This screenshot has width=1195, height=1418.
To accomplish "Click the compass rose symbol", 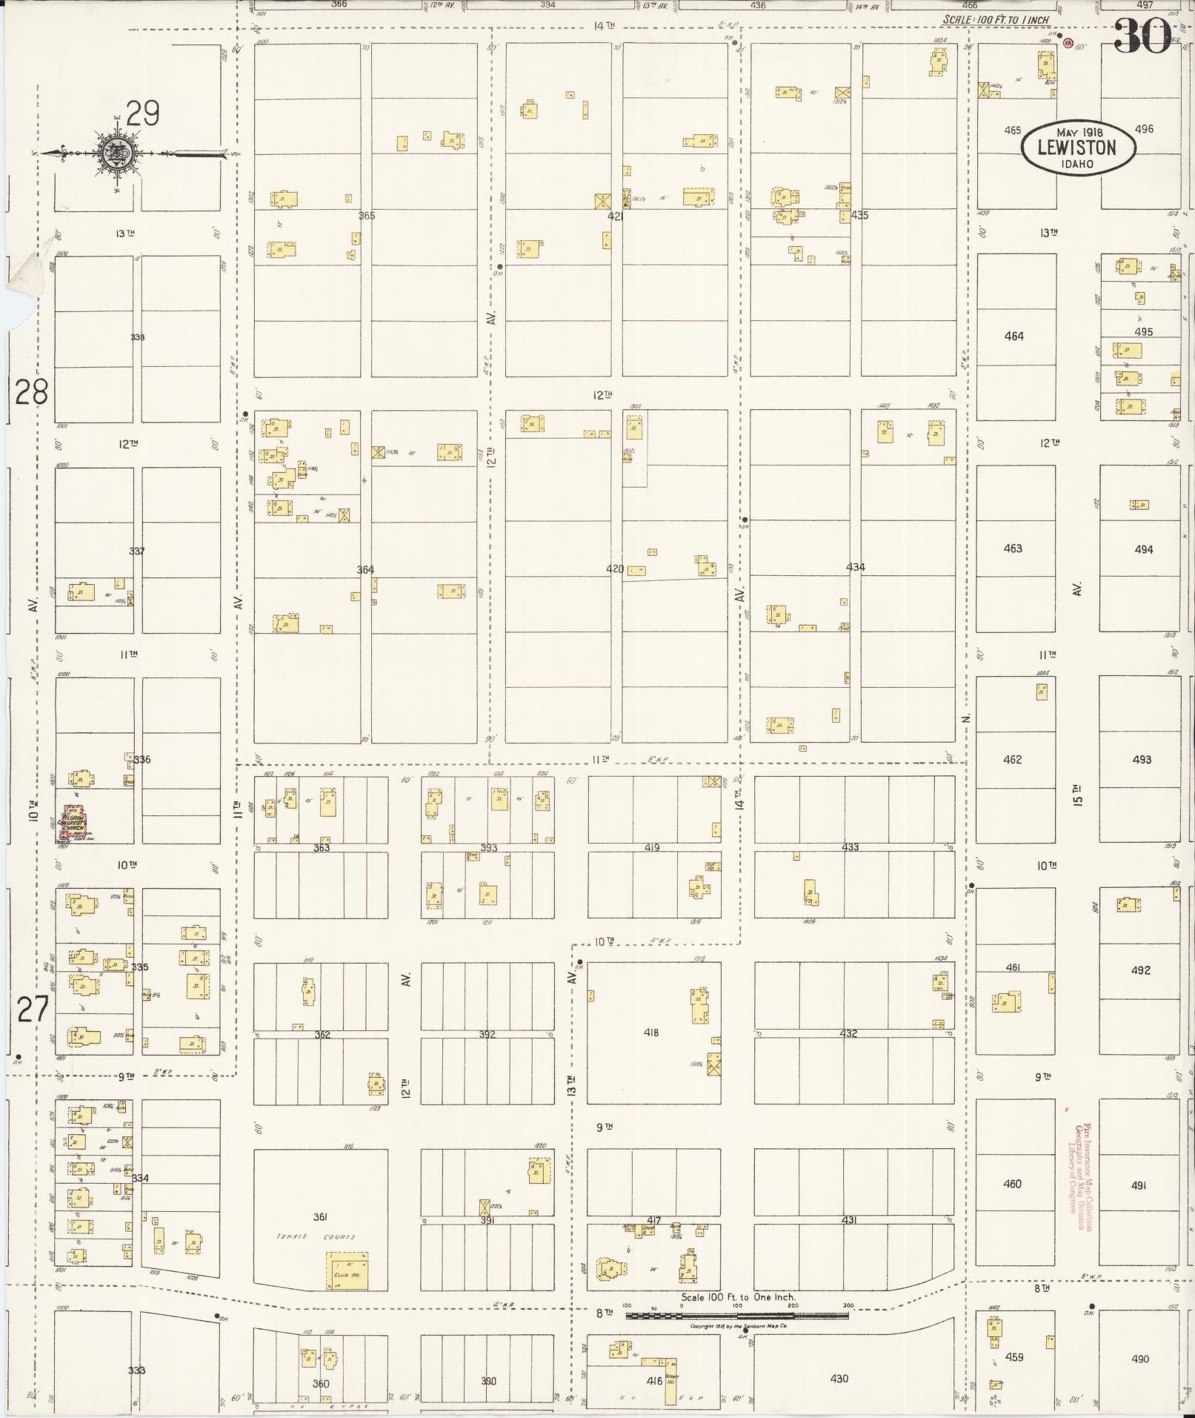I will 117,153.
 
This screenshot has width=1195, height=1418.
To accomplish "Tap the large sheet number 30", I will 1142,36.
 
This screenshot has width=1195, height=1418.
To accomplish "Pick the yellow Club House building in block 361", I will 347,1270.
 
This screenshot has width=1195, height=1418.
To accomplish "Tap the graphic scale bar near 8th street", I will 737,1316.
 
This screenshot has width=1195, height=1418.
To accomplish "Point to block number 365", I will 367,216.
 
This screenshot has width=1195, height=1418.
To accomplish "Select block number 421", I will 615,216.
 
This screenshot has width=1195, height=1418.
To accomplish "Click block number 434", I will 855,567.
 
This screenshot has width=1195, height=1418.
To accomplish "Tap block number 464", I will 1013,336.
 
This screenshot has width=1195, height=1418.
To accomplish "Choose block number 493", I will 1142,760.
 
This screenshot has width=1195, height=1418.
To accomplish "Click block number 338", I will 137,337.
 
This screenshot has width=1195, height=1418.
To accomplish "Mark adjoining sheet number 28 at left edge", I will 31,391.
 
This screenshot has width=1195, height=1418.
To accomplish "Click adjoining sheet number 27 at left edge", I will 33,1010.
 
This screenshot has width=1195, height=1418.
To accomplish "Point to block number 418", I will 651,1033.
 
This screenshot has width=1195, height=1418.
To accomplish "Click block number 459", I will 1013,1357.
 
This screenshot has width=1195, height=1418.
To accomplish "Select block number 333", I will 136,1370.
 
